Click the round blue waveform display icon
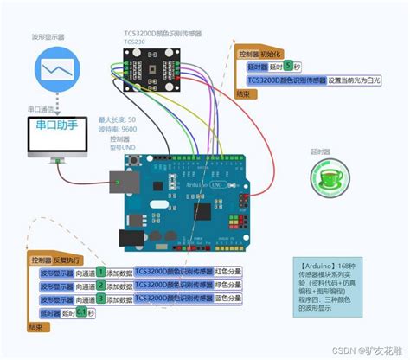point(58,67)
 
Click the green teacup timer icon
point(327,178)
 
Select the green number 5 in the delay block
point(287,66)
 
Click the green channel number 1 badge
point(100,272)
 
